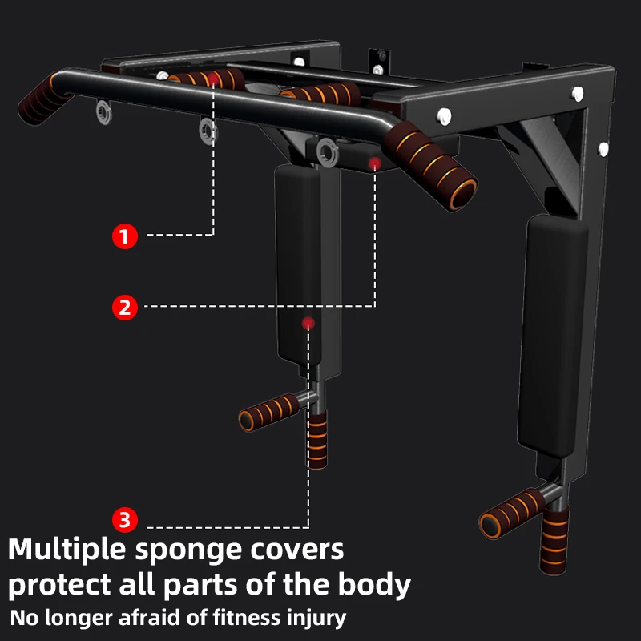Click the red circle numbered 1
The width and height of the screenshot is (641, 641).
[x=124, y=236]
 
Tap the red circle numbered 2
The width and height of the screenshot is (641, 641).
[x=124, y=307]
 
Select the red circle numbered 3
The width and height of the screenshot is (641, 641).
[x=124, y=520]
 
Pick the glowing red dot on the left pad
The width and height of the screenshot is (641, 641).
[x=308, y=323]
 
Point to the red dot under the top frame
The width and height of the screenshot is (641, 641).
[x=374, y=163]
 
